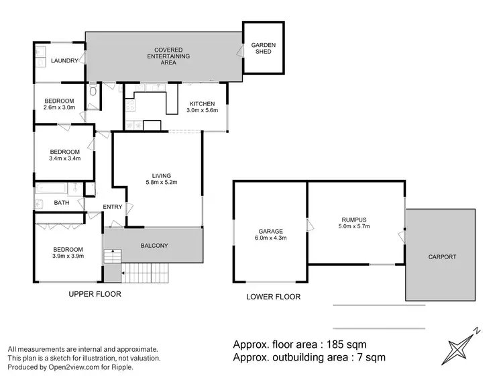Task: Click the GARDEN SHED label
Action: pos(263,48)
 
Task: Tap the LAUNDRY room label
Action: pos(64,60)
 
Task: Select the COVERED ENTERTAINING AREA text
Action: pos(168,56)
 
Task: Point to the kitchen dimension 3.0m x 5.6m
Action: pos(202,110)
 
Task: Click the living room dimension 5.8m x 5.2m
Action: pos(162,182)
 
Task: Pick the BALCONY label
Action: pos(154,246)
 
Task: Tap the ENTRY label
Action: pos(113,207)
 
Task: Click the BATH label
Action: pos(61,203)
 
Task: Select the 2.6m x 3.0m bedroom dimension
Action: pos(59,107)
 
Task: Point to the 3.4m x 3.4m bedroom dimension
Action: pos(65,158)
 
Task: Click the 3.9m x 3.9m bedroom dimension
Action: pos(68,256)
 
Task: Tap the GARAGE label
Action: pos(271,231)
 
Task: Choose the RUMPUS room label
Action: pos(354,220)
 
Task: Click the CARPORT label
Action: pos(442,257)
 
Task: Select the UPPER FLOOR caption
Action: pos(95,294)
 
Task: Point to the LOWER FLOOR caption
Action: pos(274,297)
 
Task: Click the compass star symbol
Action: pos(458,348)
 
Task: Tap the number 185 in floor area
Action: pos(335,344)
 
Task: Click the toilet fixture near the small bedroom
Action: pos(93,90)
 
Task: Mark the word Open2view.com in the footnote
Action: pos(74,367)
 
